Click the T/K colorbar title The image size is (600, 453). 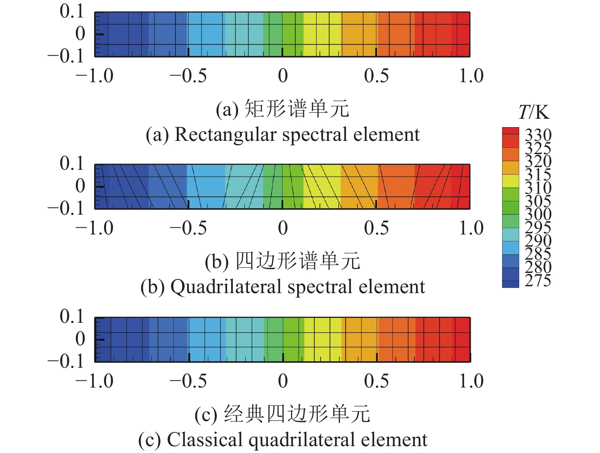(534, 112)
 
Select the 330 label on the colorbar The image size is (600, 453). (538, 135)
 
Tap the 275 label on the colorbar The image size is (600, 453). (538, 281)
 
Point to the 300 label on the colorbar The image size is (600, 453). (538, 214)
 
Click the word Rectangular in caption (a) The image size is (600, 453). (225, 135)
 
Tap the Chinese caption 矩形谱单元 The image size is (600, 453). (296, 109)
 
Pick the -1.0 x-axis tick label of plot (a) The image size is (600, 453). (94, 76)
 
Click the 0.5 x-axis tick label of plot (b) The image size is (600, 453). (376, 228)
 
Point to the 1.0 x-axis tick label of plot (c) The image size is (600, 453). (471, 381)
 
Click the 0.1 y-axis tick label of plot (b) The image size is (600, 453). (72, 163)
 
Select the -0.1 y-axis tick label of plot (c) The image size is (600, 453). (66, 361)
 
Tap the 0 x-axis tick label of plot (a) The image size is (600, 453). (283, 76)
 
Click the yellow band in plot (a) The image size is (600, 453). (322, 34)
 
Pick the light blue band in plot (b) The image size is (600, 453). (206, 187)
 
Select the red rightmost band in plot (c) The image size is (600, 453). (462, 339)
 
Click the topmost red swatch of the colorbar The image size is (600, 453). (510, 131)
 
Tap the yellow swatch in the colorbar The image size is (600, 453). (510, 181)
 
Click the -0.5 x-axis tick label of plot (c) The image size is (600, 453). (188, 381)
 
